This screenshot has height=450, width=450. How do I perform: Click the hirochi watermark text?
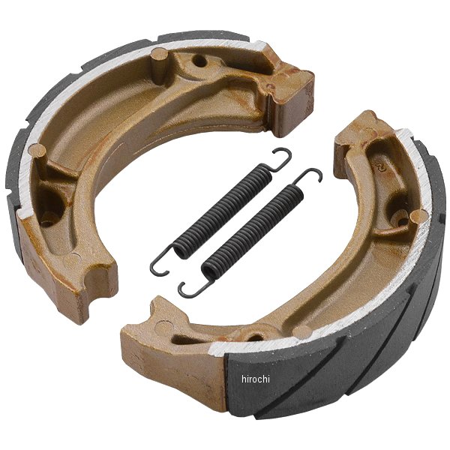(256, 379)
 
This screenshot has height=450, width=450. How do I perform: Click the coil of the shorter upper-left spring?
(223, 211)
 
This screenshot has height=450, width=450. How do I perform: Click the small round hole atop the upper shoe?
(199, 61)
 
